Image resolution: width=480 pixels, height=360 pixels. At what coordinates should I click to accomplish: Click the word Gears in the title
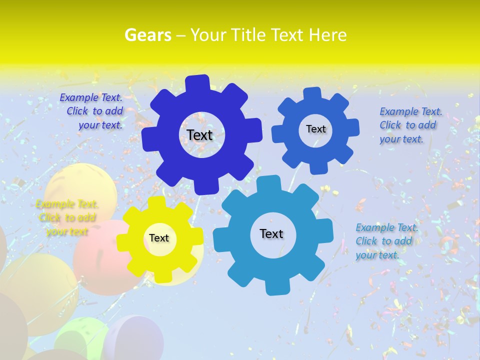point(148,35)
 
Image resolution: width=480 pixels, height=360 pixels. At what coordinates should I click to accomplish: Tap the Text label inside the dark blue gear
point(199,135)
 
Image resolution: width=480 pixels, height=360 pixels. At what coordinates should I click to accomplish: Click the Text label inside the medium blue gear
point(315,129)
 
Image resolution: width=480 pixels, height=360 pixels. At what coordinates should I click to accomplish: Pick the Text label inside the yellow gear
point(159,238)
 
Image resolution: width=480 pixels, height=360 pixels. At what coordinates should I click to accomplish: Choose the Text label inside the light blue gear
point(271,233)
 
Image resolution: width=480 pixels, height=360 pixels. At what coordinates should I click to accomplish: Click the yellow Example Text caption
point(67,218)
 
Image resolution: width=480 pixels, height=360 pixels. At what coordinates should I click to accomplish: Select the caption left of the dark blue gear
point(93,111)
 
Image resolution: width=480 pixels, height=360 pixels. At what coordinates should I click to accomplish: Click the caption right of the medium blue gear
point(410,125)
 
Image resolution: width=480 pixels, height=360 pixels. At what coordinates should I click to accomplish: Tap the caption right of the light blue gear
point(386,241)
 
